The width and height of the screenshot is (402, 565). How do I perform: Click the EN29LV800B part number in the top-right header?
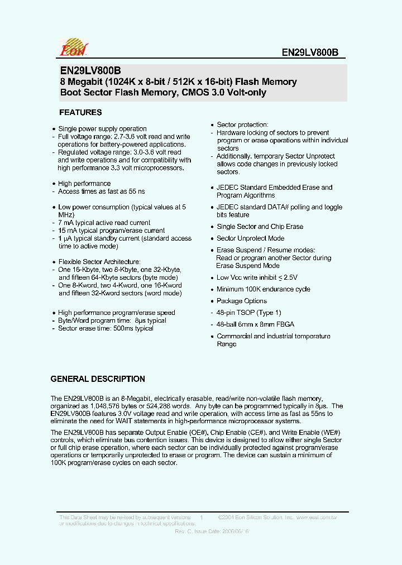click(309, 53)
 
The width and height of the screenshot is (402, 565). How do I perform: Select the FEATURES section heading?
click(80, 112)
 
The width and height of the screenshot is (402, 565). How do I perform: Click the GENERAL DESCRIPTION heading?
click(98, 379)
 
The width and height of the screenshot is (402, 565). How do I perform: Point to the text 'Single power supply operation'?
click(102, 129)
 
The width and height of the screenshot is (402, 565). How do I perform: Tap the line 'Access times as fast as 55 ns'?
click(100, 191)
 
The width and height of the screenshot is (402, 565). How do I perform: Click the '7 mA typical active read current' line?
click(104, 223)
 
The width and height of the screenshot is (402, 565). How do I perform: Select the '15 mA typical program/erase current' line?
click(111, 231)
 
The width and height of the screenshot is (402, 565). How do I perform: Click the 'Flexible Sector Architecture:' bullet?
click(99, 262)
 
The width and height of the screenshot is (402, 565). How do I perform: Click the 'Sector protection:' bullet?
click(242, 125)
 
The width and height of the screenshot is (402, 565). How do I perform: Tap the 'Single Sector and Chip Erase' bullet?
click(260, 227)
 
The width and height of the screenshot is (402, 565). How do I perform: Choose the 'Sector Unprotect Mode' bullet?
click(250, 238)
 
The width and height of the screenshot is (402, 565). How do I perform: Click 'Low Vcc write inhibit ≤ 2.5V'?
click(257, 277)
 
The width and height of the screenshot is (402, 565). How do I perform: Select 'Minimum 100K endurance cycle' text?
click(263, 289)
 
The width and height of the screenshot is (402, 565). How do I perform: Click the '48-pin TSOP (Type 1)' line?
click(248, 313)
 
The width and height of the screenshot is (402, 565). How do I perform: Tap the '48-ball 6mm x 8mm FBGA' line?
click(255, 324)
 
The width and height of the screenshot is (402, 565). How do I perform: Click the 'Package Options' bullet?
click(242, 301)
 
